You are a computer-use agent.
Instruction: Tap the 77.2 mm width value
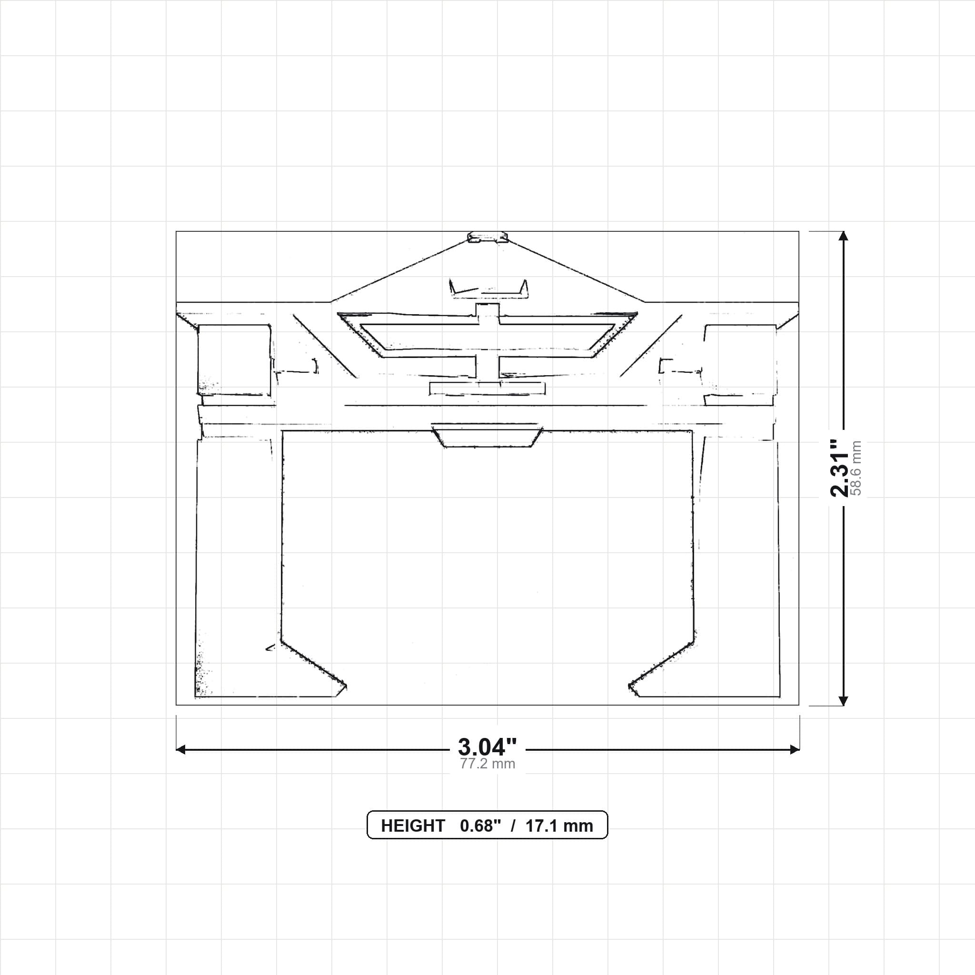pos(487,764)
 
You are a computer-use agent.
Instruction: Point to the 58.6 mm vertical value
pos(856,468)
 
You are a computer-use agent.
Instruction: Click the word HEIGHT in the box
pos(413,826)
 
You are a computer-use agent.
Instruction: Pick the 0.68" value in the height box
pos(480,826)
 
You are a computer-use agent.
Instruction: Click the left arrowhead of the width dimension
pos(180,749)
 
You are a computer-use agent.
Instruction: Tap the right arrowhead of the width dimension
pos(795,749)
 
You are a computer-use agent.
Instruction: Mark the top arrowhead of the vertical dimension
pos(843,236)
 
